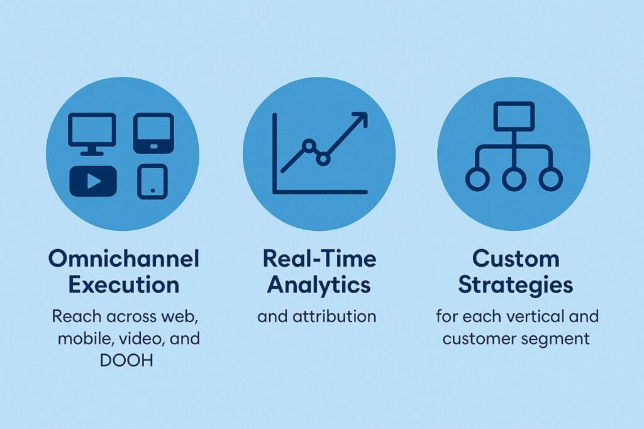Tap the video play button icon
pyautogui.click(x=93, y=181)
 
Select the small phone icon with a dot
pyautogui.click(x=152, y=182)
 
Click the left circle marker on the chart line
pyautogui.click(x=309, y=145)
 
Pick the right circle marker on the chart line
pyautogui.click(x=323, y=159)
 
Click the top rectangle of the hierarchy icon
pyautogui.click(x=514, y=116)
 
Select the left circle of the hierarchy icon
pyautogui.click(x=477, y=179)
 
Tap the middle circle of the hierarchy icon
pyautogui.click(x=514, y=179)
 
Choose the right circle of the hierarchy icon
pyautogui.click(x=551, y=179)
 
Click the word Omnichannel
pyautogui.click(x=124, y=259)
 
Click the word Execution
pyautogui.click(x=124, y=285)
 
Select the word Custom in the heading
pyautogui.click(x=516, y=259)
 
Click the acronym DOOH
pyautogui.click(x=126, y=361)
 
